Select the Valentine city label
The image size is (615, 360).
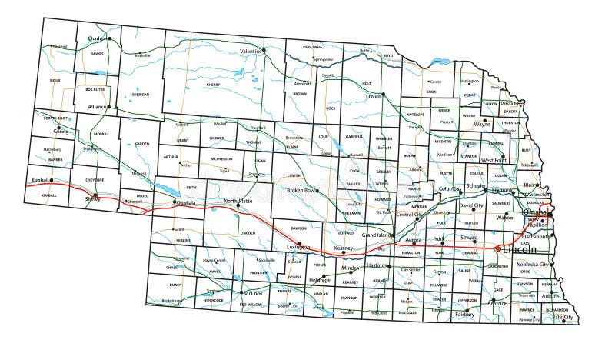pos(251,51)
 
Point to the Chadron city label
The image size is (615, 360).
pos(98,38)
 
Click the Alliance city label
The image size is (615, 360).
pos(97,107)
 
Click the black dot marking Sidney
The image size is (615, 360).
pos(96,195)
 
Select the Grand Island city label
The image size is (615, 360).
pos(377,234)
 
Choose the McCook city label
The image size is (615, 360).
pos(254,293)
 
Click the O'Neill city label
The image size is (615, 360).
pos(374,97)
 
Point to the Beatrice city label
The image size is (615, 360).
pos(497,303)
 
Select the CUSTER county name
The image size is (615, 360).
pos(294,175)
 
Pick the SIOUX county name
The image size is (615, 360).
pos(55,79)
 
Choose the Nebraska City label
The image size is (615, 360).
pos(533,264)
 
